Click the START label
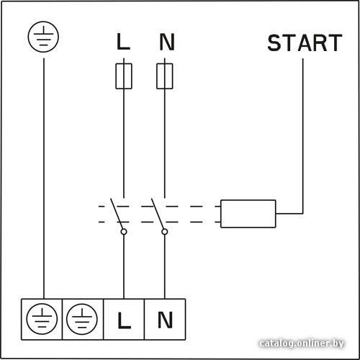coord(305,42)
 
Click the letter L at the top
coord(123,42)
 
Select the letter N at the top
coord(167,42)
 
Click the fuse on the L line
coord(124,76)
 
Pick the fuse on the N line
coord(165,76)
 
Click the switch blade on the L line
coord(117,214)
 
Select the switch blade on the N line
coord(158,214)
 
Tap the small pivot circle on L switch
coord(124,232)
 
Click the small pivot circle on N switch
coord(165,232)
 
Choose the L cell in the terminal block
coord(124,320)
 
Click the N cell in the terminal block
coord(165,320)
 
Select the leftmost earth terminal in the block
coord(42,320)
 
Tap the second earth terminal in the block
coord(83,320)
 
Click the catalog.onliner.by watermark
coord(302,343)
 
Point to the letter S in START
coord(274,42)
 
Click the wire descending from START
coord(302,136)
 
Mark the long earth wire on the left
coord(44,179)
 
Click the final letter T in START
coord(335,42)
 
